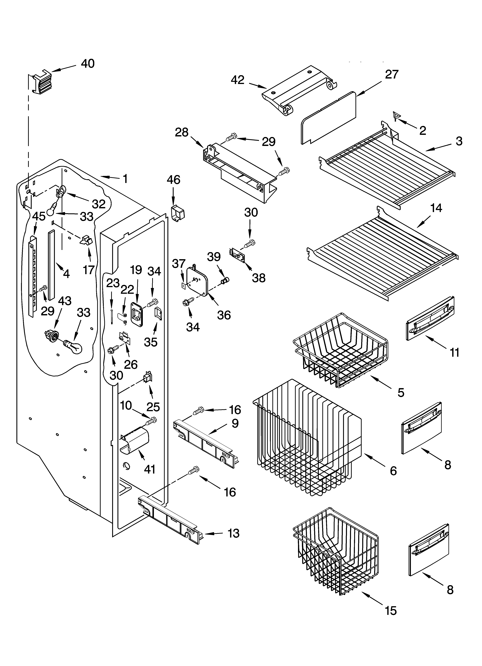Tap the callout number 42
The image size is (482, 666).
(238, 80)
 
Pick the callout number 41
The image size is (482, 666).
(149, 469)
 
